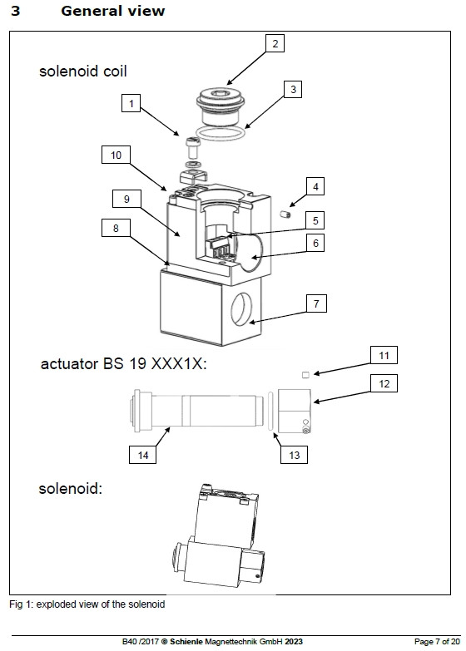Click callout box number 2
275,43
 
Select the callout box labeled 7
316,303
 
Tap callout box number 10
116,155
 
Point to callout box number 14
142,455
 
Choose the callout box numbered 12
384,383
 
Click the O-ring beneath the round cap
221,134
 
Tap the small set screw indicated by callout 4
285,215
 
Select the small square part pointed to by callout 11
305,375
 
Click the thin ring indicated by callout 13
270,411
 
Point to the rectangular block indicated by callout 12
295,411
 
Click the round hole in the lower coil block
241,309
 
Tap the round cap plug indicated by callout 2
220,105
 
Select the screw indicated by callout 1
192,147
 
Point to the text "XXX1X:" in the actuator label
179,363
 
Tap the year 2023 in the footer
294,642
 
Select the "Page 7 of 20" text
437,642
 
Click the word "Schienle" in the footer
186,642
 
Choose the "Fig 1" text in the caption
21,604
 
